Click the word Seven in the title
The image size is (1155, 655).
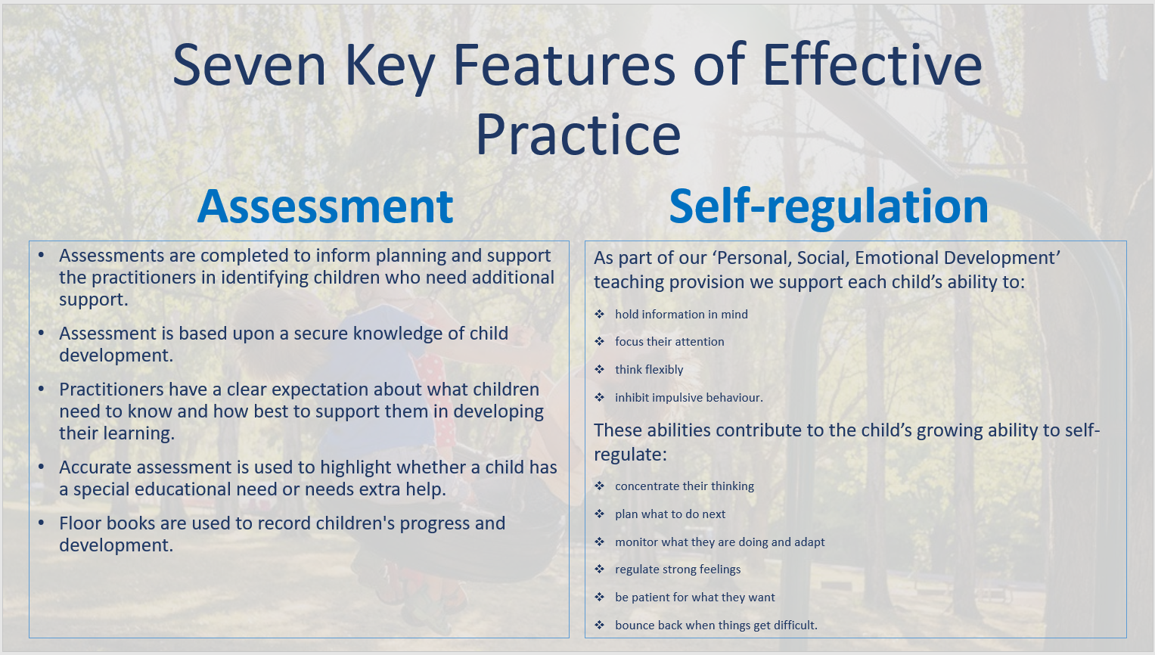click(x=250, y=66)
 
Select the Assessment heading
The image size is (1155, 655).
click(x=324, y=206)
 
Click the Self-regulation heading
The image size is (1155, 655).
click(x=828, y=207)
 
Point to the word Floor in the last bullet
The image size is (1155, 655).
click(x=79, y=523)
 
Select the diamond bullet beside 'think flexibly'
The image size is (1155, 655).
click(x=599, y=369)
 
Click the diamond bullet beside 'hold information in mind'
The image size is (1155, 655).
click(x=599, y=314)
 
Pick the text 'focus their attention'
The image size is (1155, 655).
click(x=669, y=341)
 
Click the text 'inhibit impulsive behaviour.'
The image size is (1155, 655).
click(x=689, y=397)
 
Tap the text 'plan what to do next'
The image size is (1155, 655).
click(x=670, y=514)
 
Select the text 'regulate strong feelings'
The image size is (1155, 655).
click(x=678, y=570)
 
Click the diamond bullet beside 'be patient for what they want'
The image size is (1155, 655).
click(x=599, y=598)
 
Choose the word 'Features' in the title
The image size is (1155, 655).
click(x=564, y=66)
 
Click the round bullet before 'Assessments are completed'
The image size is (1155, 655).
click(x=42, y=256)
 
